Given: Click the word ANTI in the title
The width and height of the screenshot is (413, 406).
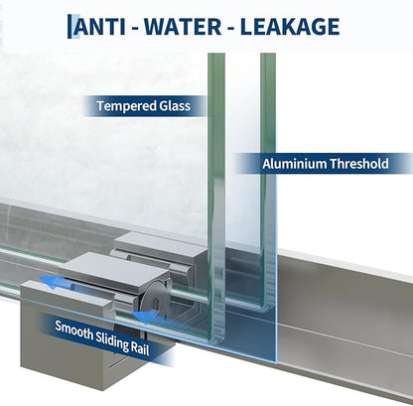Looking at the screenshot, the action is pyautogui.click(x=99, y=27).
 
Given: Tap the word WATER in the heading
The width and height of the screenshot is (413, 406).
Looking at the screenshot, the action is pyautogui.click(x=183, y=27).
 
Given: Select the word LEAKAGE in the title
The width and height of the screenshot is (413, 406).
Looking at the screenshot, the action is pyautogui.click(x=290, y=27).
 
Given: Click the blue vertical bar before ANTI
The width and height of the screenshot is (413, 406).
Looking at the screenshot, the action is pyautogui.click(x=69, y=27).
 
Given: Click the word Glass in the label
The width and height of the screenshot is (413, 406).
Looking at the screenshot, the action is pyautogui.click(x=175, y=106).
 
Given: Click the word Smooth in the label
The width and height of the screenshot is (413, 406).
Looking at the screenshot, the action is pyautogui.click(x=74, y=331).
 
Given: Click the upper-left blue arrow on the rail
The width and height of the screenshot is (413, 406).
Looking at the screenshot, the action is pyautogui.click(x=53, y=282).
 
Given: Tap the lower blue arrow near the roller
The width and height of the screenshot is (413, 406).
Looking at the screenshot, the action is pyautogui.click(x=146, y=318).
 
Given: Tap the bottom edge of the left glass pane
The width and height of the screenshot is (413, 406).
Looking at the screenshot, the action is pyautogui.click(x=217, y=339).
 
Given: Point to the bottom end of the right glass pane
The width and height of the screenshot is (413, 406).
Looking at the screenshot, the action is pyautogui.click(x=268, y=307).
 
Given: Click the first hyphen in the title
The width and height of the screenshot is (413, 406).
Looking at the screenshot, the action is pyautogui.click(x=135, y=29).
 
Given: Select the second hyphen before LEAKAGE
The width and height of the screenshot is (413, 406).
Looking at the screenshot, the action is pyautogui.click(x=231, y=29).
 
